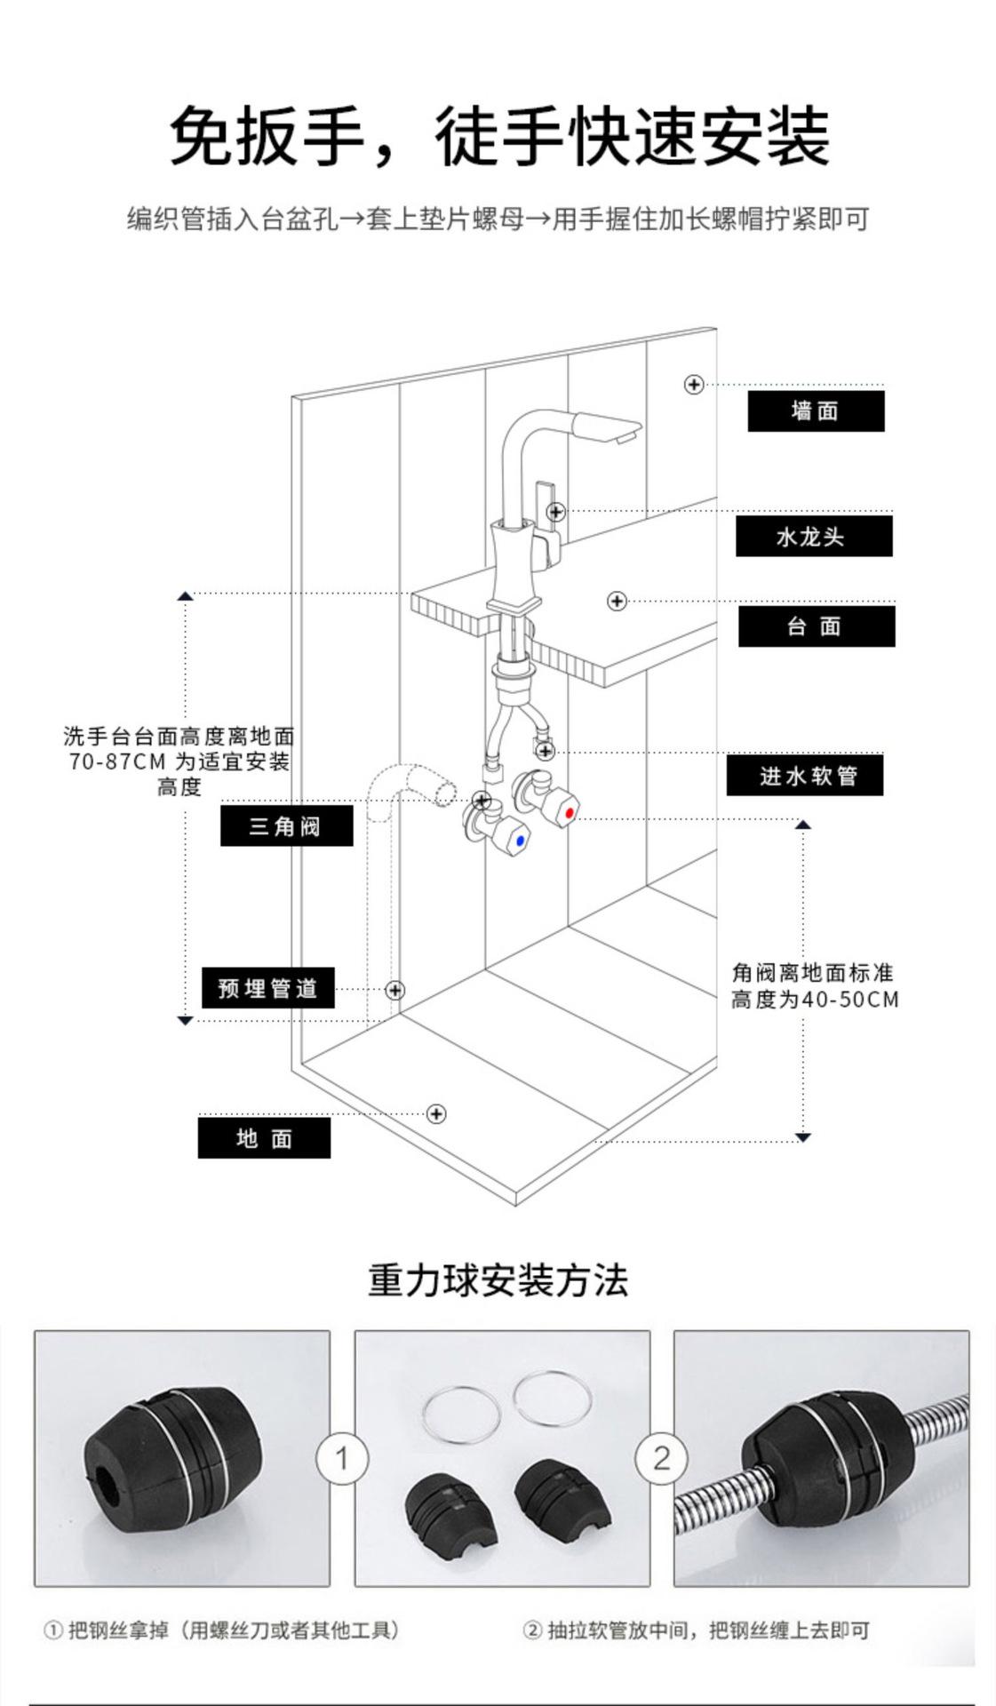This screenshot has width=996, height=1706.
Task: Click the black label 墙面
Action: tap(815, 411)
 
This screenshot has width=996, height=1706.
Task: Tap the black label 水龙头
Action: tap(813, 537)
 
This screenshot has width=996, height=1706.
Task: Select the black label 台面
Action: tap(816, 626)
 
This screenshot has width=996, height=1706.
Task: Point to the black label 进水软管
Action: tap(805, 776)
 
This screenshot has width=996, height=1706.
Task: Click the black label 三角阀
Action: tap(286, 826)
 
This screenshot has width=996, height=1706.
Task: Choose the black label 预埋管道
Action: tap(267, 988)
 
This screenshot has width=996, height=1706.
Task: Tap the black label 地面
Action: tap(264, 1138)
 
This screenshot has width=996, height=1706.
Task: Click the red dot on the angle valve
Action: tap(570, 812)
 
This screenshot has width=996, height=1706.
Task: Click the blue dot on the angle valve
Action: tap(520, 840)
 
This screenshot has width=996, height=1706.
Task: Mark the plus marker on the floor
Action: tap(436, 1113)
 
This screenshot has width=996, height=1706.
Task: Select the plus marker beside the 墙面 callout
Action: tap(694, 384)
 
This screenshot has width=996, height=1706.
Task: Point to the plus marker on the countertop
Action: tap(617, 602)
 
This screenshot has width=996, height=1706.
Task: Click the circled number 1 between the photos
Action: tap(342, 1458)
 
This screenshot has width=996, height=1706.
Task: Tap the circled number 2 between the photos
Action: tap(661, 1458)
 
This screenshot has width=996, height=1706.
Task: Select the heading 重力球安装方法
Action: tap(498, 1280)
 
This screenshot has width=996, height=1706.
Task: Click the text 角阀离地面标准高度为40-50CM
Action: tap(815, 986)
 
